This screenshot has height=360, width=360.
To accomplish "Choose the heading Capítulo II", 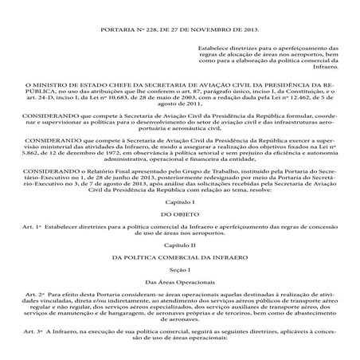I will point(179,247).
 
